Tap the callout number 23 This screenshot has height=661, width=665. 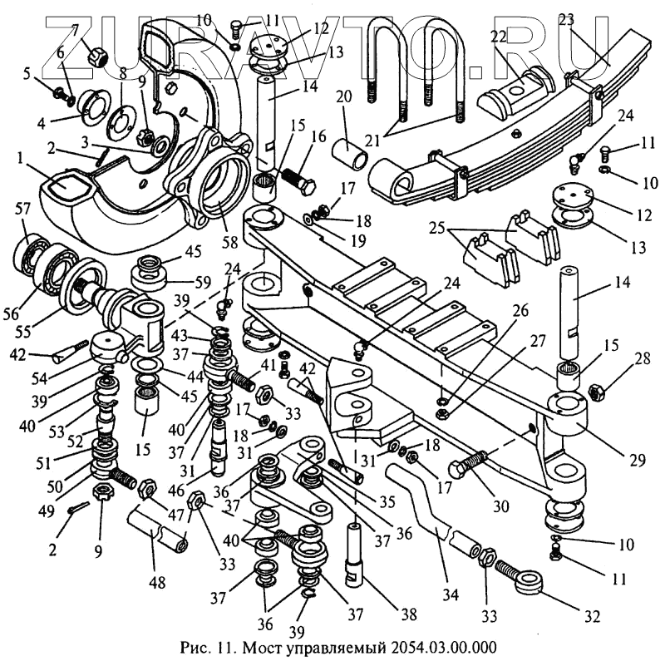click(567, 20)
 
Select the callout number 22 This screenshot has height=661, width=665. click(500, 37)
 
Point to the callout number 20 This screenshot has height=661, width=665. click(344, 96)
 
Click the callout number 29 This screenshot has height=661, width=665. click(638, 460)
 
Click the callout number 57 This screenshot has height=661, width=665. click(24, 209)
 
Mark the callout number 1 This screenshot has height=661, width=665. click(19, 159)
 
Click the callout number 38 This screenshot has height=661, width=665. click(408, 614)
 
